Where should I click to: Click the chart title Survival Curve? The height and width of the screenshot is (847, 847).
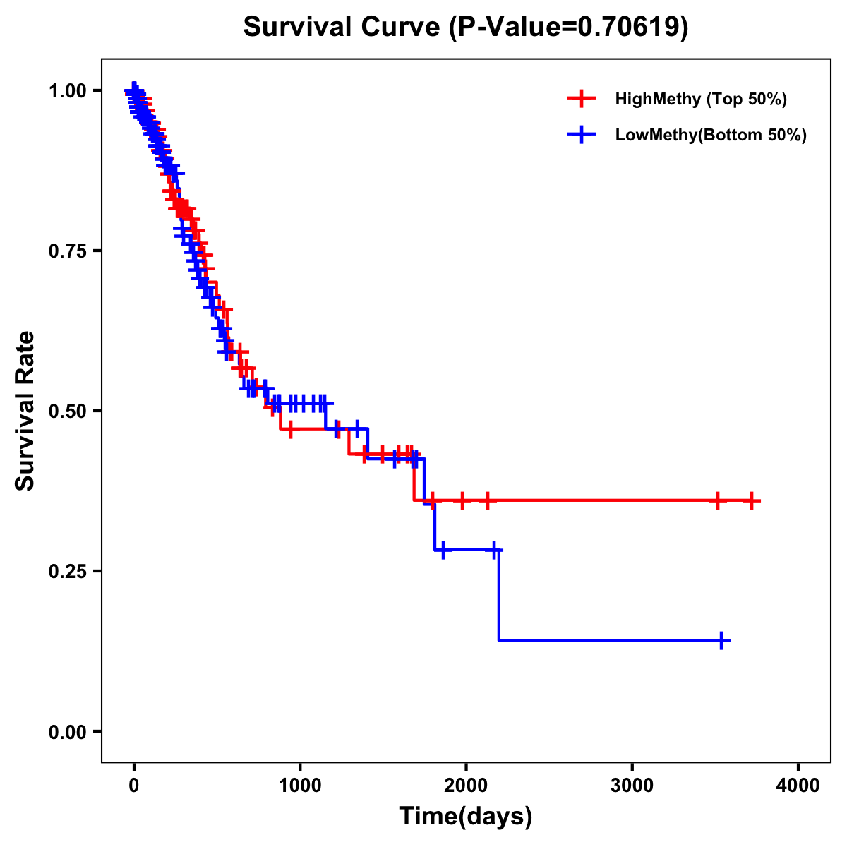tap(343, 27)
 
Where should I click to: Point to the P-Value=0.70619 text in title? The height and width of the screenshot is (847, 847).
tap(569, 27)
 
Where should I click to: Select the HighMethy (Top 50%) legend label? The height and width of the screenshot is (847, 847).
tap(700, 99)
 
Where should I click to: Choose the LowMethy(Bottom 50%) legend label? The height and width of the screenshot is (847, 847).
tap(711, 135)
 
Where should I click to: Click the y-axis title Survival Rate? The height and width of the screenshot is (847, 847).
tap(25, 410)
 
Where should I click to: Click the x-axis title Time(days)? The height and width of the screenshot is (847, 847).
tap(466, 816)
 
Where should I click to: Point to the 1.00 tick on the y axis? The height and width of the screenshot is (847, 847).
tap(67, 90)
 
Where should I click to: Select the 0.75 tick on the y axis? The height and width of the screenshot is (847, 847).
tap(67, 251)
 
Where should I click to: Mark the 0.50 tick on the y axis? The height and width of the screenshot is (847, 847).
tap(67, 411)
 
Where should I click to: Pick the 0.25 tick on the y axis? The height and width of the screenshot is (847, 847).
tap(67, 571)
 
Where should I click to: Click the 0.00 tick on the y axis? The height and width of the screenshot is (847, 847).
tap(67, 731)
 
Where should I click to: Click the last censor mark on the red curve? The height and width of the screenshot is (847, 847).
tap(752, 500)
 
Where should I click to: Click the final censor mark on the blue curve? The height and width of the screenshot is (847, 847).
tap(722, 640)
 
